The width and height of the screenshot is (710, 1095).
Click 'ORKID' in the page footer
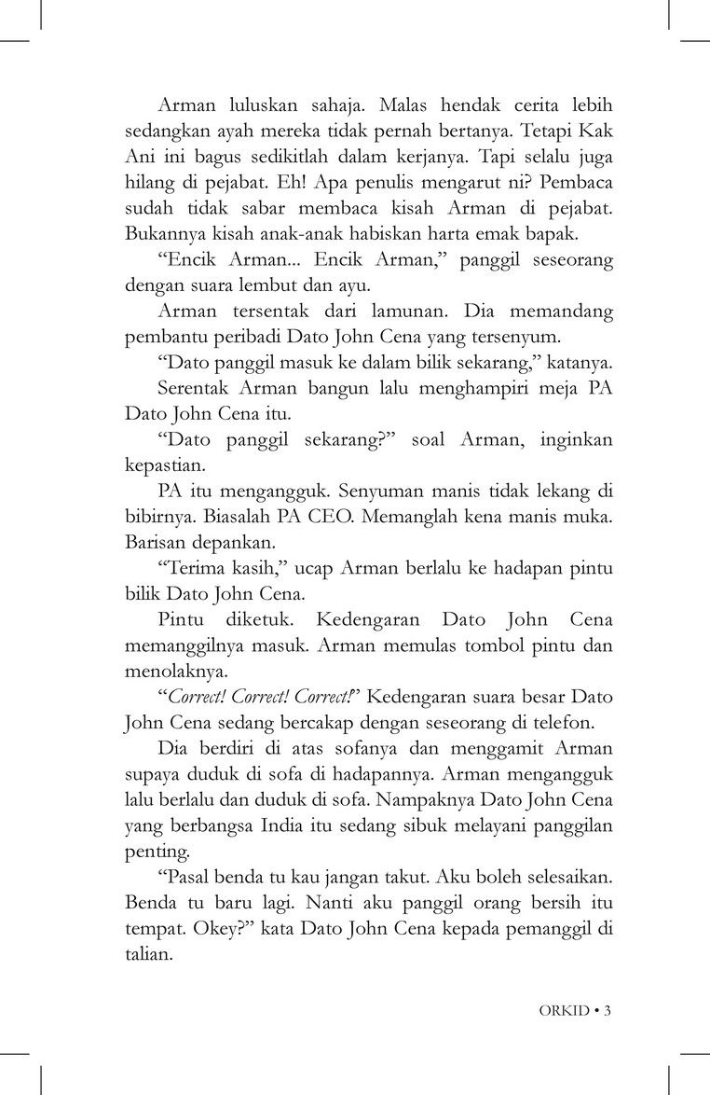(565, 1009)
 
